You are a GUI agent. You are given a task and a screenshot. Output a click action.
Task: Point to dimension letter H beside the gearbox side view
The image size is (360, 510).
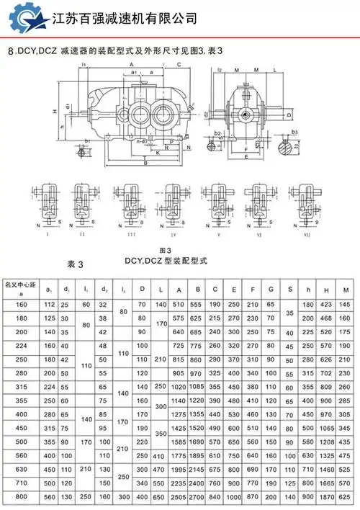point(55,111)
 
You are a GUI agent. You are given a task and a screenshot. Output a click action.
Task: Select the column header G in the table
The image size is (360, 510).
point(271,290)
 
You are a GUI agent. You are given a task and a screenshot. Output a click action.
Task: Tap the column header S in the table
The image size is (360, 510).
point(289,290)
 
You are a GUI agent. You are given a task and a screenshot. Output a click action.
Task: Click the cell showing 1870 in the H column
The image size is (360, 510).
point(328,498)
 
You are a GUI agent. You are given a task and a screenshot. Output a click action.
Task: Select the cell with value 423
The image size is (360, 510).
point(328,305)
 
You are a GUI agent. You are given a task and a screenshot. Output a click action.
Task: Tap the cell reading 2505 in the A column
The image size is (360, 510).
point(177,498)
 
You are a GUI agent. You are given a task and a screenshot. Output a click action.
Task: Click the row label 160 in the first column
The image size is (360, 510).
point(22,305)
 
